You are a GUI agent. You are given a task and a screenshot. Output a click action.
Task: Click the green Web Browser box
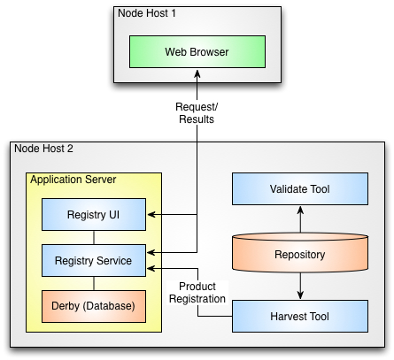(197, 52)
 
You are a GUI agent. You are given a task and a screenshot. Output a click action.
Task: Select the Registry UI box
(94, 214)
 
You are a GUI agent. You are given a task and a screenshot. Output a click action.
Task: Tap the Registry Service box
(94, 260)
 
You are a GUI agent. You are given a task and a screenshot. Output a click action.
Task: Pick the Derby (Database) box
(94, 306)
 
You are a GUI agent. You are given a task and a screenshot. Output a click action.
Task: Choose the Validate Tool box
(300, 188)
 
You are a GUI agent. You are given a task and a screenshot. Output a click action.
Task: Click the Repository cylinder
(300, 252)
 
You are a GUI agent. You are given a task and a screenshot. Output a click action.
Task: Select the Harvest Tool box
(300, 316)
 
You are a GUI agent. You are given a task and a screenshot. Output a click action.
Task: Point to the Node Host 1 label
(147, 13)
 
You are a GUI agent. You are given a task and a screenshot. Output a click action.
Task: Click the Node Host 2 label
(43, 149)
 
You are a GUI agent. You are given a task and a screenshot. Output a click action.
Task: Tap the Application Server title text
(73, 180)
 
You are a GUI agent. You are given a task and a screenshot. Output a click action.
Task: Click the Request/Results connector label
(197, 113)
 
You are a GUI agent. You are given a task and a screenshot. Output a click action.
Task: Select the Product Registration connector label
(197, 293)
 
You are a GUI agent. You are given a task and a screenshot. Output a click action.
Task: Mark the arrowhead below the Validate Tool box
(300, 210)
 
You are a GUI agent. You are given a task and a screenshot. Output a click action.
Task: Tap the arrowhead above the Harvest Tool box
(300, 295)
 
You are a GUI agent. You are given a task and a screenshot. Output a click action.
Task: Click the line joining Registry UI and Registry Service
(94, 237)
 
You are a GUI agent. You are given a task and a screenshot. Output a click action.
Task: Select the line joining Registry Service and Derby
(94, 283)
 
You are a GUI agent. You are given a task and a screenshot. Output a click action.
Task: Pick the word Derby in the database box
(66, 306)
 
